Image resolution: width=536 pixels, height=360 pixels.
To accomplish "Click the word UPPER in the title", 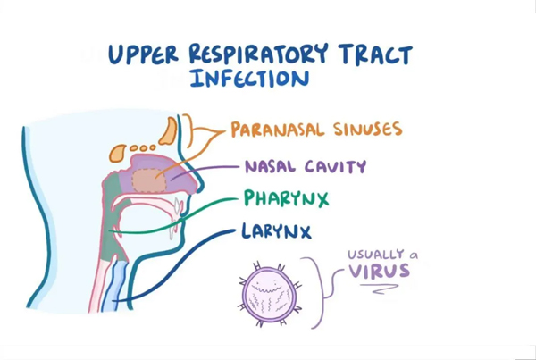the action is [143, 54].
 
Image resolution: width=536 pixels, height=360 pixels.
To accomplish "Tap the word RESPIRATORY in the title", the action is [258, 54].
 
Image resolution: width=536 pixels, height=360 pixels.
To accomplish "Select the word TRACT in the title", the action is [375, 55].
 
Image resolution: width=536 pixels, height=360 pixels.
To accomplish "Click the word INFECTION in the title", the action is [250, 79].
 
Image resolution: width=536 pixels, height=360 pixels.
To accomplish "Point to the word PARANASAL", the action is [277, 130].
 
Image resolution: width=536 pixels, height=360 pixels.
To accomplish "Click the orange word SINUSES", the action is [367, 129].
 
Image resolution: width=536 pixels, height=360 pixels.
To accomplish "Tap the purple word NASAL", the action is [270, 166].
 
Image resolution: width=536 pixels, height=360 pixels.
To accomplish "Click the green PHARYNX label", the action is [286, 198].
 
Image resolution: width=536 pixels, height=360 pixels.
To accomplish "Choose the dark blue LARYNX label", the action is [276, 231].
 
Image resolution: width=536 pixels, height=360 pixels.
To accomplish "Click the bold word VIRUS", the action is [379, 271].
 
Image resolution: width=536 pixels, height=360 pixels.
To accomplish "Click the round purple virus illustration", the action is [270, 295].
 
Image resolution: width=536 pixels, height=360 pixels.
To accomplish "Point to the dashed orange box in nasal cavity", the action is [149, 180].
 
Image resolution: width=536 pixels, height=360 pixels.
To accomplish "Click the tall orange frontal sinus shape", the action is [168, 131].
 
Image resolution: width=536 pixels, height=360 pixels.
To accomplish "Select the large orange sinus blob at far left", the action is [118, 153].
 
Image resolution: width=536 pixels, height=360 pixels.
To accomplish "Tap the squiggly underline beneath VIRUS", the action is [380, 289].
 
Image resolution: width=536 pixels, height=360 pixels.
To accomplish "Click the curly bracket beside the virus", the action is [322, 293].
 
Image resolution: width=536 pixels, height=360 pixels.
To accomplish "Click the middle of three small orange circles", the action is [142, 148].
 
